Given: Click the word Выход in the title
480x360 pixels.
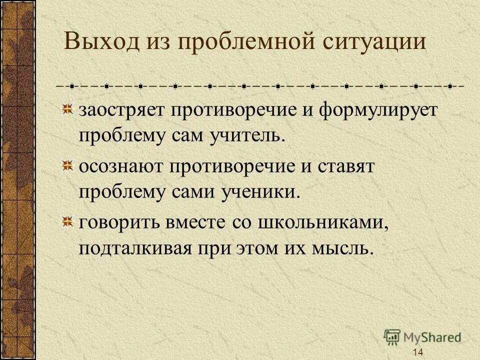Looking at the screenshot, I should [101, 42].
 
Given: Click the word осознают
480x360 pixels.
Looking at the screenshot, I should [120, 167].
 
